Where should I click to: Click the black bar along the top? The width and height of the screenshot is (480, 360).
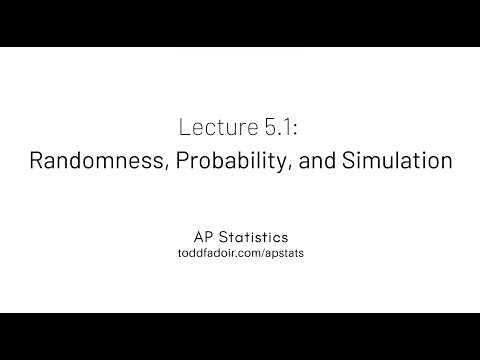[240, 23]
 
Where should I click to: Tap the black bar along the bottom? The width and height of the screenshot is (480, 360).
[240, 336]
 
